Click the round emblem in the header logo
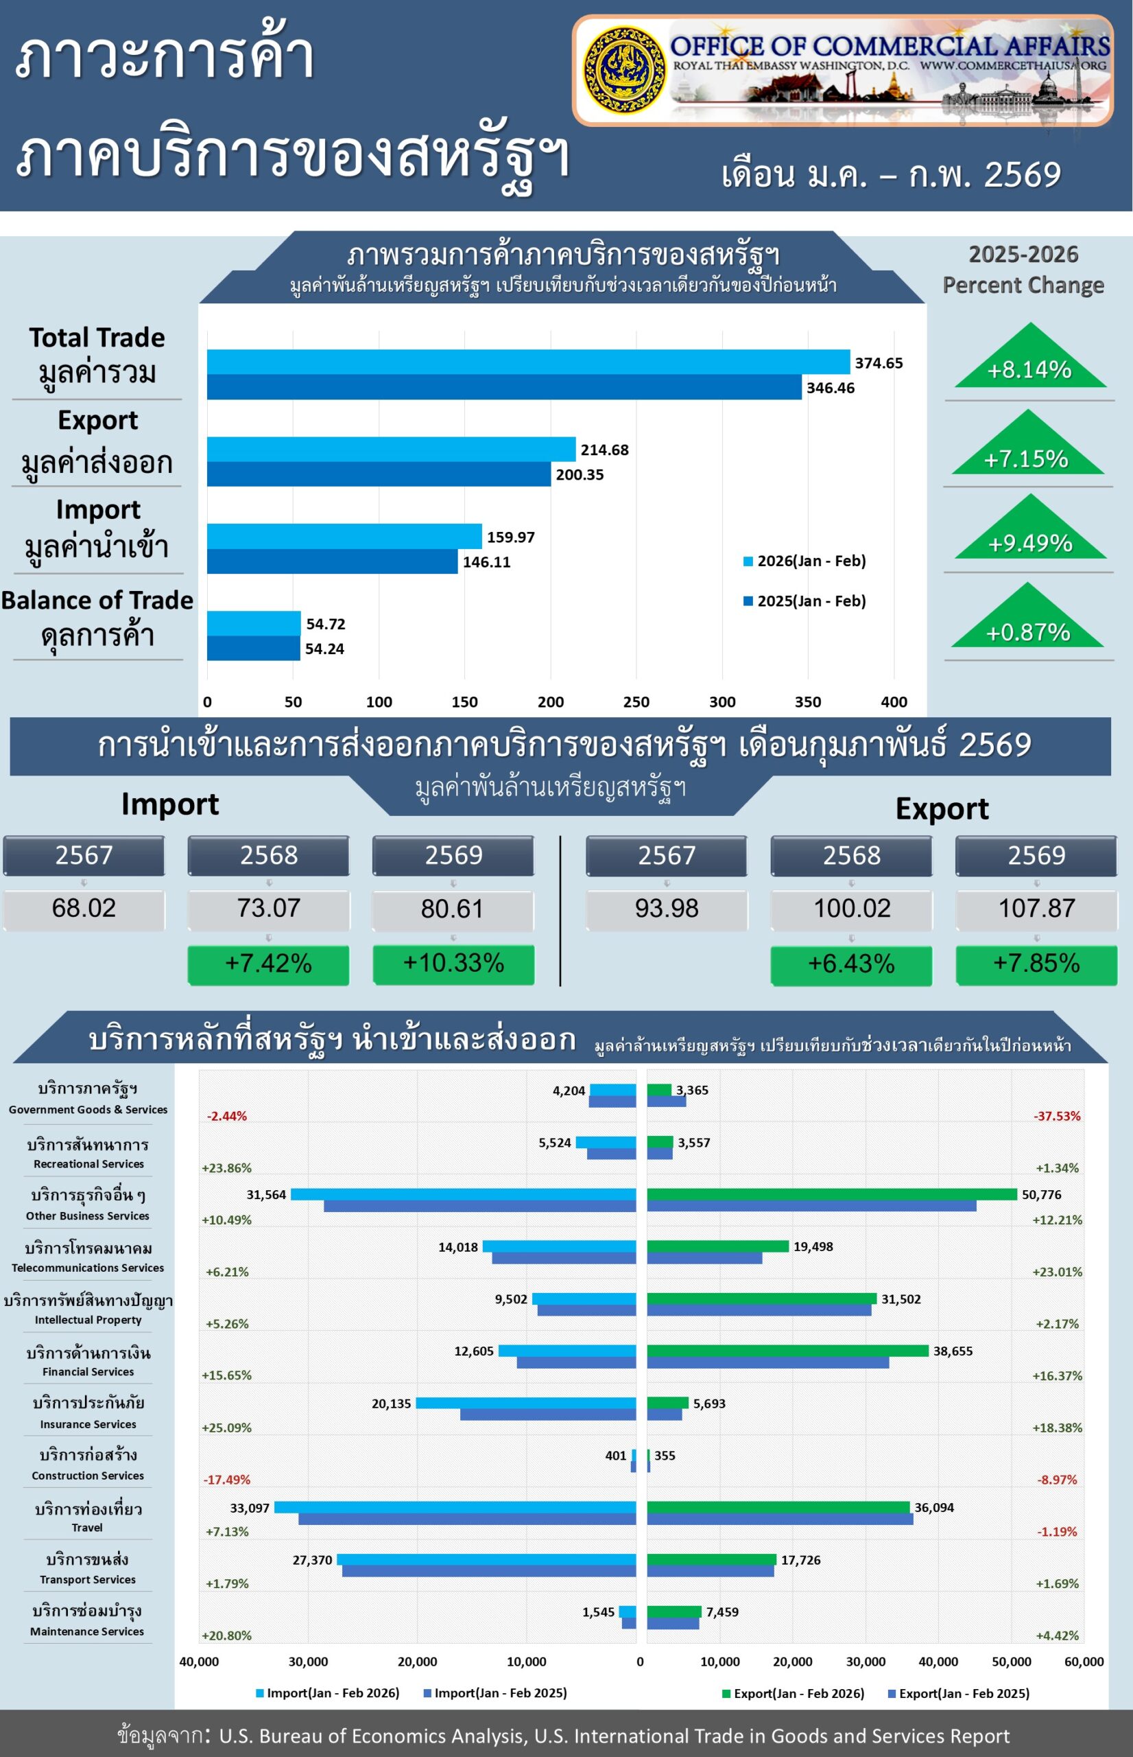625,70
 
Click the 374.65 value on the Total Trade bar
879,363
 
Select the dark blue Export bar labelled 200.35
378,474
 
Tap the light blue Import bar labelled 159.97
344,536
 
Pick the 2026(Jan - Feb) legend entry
805,561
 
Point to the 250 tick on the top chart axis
636,701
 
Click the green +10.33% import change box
453,964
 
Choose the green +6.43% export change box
851,964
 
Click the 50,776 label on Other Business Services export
1041,1195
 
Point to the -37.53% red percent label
1056,1116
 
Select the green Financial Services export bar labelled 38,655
787,1351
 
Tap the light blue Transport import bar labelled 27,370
486,1560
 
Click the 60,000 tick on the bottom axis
1084,1662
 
